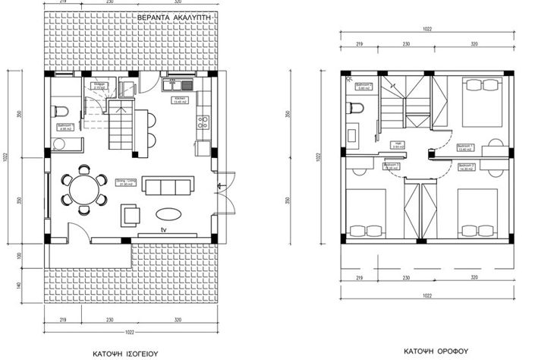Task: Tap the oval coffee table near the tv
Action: click(x=168, y=213)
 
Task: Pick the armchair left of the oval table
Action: click(x=130, y=214)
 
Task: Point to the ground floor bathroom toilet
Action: click(x=61, y=112)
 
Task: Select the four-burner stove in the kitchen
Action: click(x=202, y=120)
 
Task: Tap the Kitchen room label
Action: click(x=180, y=100)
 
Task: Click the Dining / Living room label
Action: click(x=121, y=182)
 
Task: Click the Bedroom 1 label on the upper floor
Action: click(x=464, y=147)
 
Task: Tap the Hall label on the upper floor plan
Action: click(x=397, y=144)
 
